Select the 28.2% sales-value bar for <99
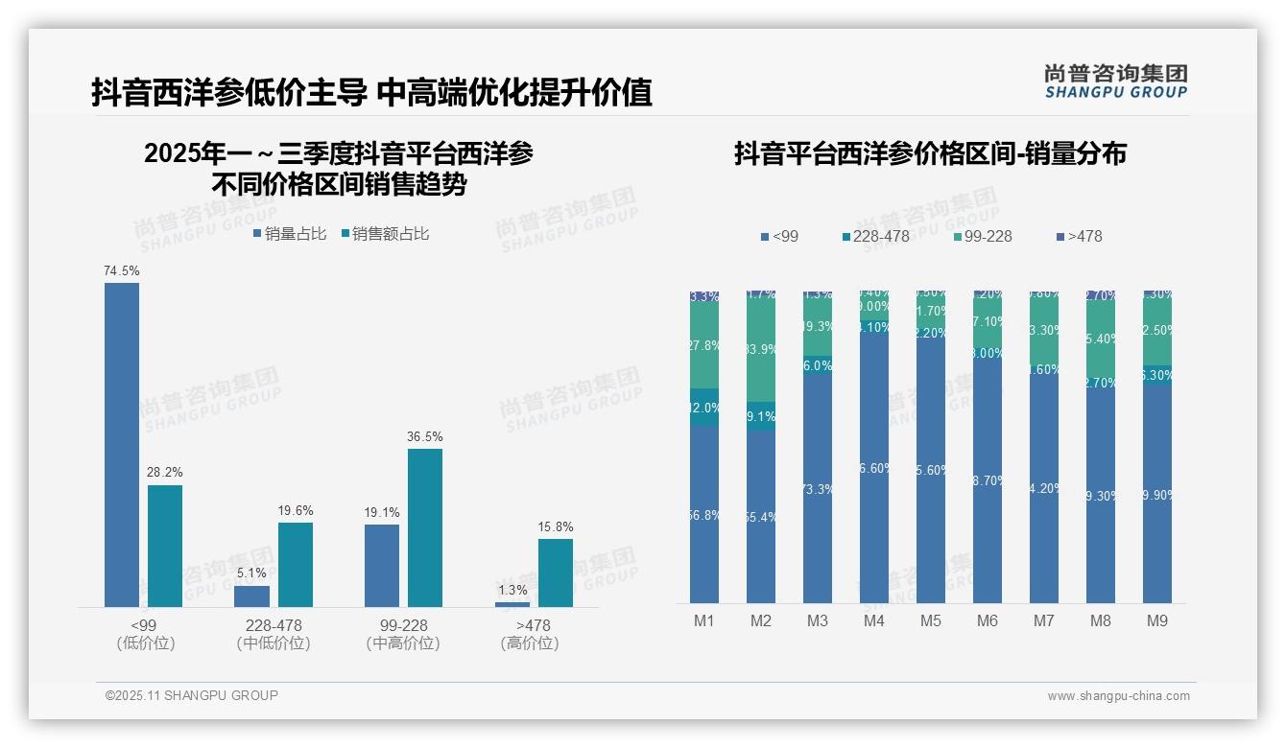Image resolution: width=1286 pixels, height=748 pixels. point(165,546)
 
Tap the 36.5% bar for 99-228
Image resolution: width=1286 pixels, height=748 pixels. point(425,527)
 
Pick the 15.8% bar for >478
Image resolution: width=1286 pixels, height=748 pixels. point(555,573)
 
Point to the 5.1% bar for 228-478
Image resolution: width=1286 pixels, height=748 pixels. point(251,596)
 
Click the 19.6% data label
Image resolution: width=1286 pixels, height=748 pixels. point(296,511)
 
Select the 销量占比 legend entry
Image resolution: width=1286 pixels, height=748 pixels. point(290,234)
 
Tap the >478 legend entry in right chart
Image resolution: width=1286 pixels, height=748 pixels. point(1079,237)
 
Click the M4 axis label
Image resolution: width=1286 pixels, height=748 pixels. point(873,621)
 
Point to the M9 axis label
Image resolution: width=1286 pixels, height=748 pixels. point(1157,621)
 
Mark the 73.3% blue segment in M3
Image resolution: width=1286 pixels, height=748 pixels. point(818,489)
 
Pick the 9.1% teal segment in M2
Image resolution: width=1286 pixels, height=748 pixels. point(761,416)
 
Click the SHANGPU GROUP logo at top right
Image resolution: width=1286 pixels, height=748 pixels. point(1115,82)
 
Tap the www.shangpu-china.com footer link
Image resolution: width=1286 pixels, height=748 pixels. point(1118,696)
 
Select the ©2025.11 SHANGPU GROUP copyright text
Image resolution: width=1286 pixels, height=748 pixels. point(191,695)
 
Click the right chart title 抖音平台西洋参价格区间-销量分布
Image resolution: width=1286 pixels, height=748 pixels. point(930,153)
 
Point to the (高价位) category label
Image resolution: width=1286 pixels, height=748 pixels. point(529,644)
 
